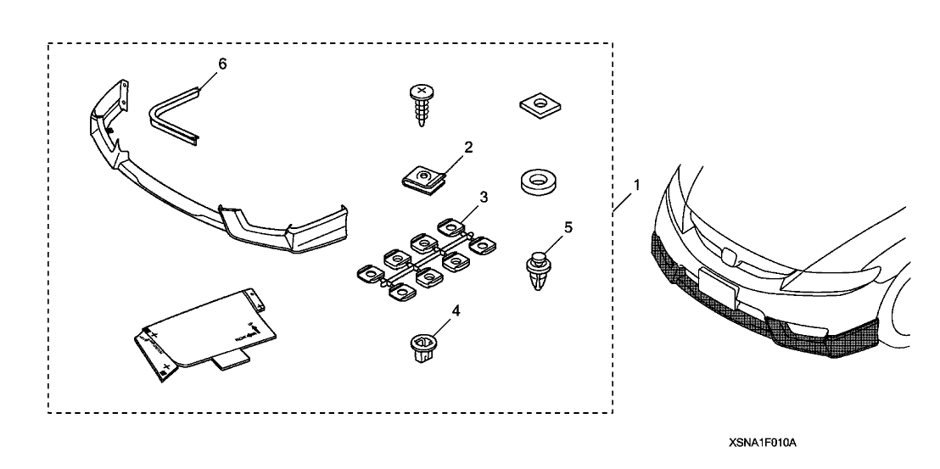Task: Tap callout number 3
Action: click(483, 198)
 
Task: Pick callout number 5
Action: click(568, 227)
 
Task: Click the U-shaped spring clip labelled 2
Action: click(422, 177)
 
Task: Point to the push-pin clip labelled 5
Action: click(537, 267)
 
